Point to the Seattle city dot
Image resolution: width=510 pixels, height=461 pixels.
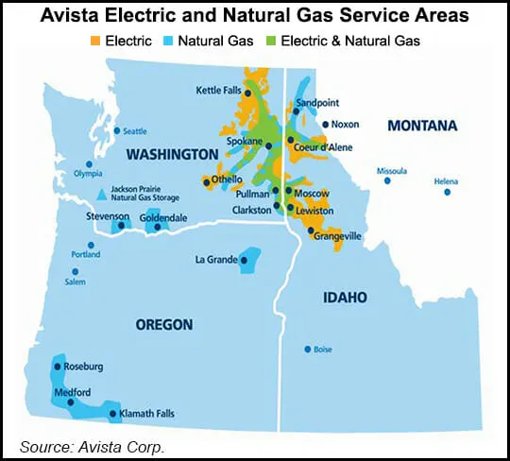[117, 130]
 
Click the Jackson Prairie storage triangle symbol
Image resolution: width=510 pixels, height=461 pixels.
[102, 195]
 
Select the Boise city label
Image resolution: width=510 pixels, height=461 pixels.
[323, 350]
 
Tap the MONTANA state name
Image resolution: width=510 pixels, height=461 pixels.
[420, 125]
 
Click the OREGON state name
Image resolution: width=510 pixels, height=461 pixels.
[163, 324]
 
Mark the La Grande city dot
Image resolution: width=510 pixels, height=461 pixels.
[244, 259]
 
